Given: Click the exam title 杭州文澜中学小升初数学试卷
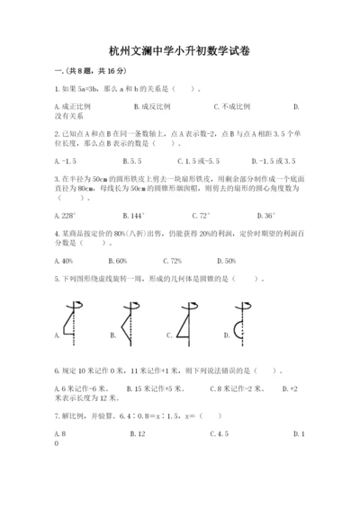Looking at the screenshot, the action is pyautogui.click(x=179, y=52).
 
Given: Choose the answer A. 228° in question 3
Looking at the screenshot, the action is pyautogui.click(x=67, y=217).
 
